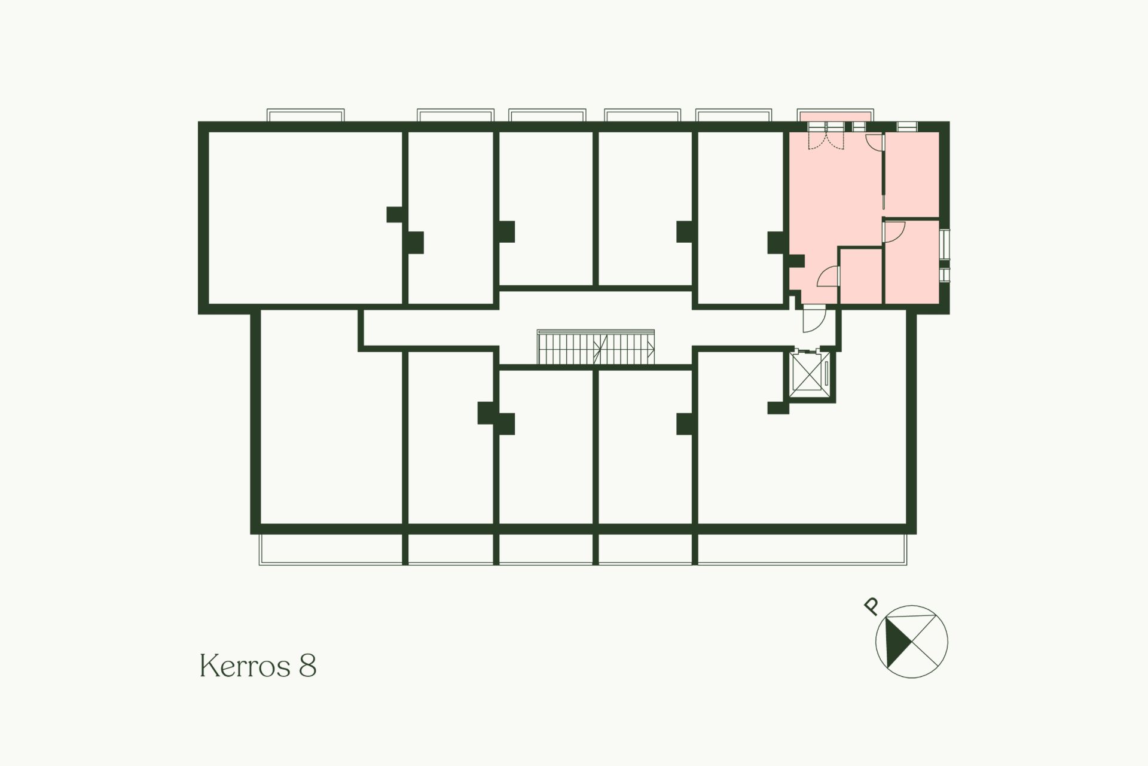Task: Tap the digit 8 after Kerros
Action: pos(307,666)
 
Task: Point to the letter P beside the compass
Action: pos(872,606)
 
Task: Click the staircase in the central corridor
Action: pos(596,347)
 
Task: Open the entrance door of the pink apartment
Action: pos(813,319)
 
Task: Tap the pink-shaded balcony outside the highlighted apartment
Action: pos(835,115)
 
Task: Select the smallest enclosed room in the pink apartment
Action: pos(861,276)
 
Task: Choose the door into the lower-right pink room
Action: pos(895,232)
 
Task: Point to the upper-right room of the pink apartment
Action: pos(912,173)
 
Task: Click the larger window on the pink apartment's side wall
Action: pos(944,245)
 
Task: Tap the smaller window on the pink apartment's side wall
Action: pos(944,275)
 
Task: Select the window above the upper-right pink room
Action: pos(906,126)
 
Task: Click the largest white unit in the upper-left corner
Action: pos(304,218)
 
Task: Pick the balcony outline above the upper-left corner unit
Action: pos(306,115)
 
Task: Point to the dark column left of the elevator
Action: pos(778,408)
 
